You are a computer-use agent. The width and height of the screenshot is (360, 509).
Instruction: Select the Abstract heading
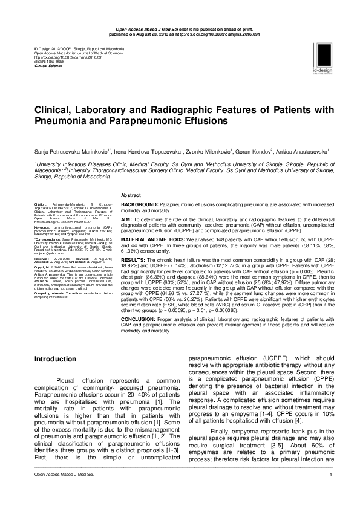(131, 196)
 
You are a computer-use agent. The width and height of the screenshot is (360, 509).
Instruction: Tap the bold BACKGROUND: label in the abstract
(140, 206)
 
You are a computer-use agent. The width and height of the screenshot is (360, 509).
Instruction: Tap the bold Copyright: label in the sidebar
(42, 266)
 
